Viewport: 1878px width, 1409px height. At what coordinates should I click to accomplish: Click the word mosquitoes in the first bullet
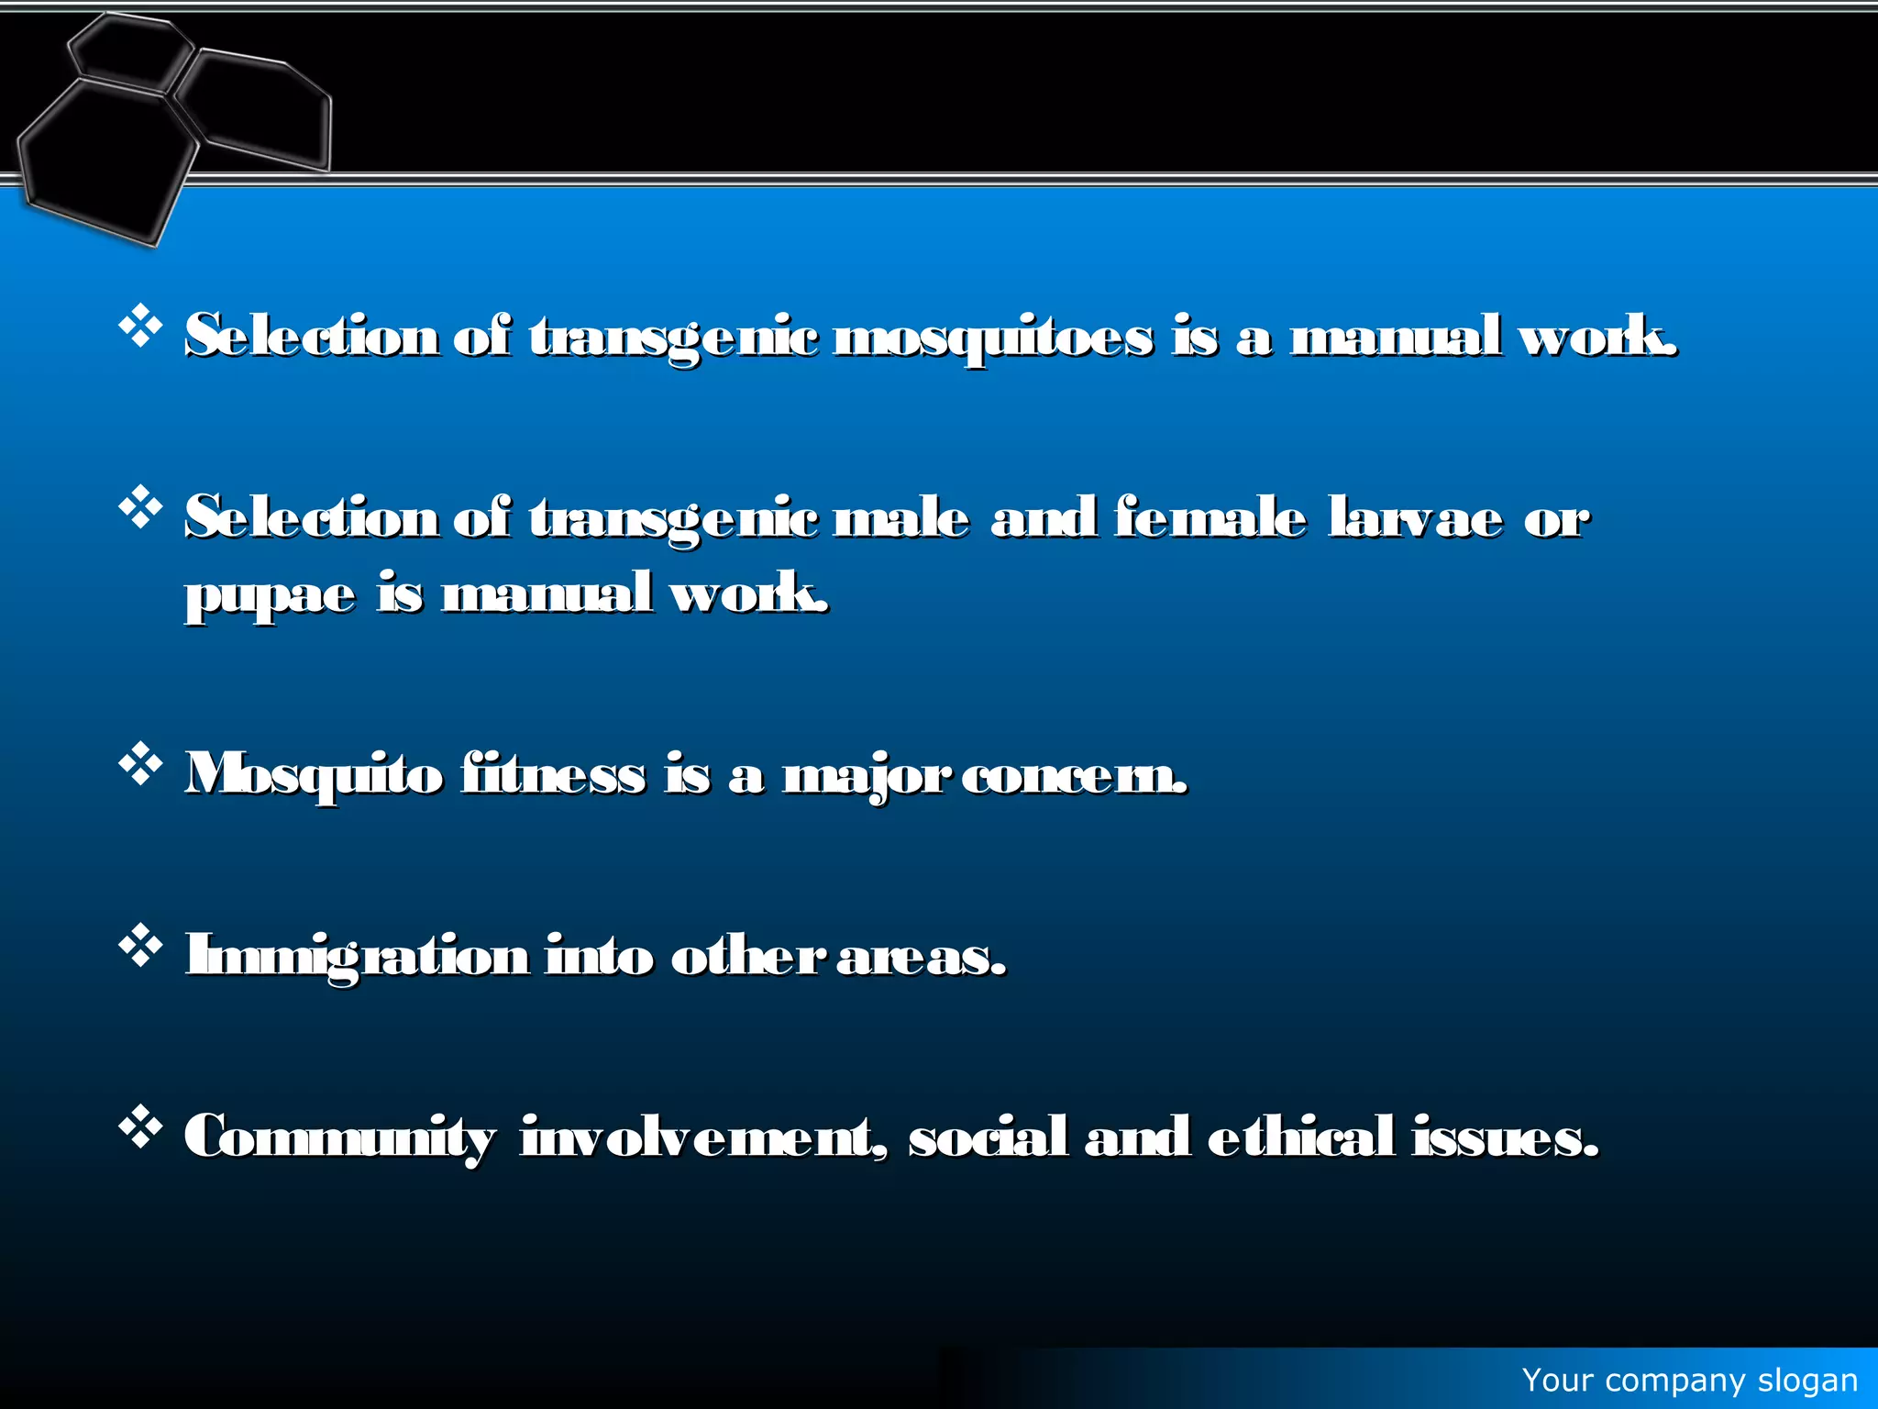[x=993, y=338]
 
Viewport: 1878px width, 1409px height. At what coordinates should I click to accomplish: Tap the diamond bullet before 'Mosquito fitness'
[x=140, y=764]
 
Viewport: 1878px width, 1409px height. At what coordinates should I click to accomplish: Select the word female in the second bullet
[x=1210, y=517]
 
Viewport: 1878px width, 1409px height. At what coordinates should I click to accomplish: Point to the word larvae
[x=1416, y=517]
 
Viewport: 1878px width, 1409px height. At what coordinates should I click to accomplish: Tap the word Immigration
[x=357, y=956]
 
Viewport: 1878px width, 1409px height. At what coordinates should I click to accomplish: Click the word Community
[x=339, y=1137]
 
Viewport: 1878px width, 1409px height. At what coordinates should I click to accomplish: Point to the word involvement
[x=704, y=1137]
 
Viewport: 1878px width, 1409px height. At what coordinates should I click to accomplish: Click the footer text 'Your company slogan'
[x=1689, y=1380]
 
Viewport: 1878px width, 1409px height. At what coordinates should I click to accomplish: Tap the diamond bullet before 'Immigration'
[x=140, y=946]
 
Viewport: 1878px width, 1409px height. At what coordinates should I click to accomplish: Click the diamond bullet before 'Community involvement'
[x=140, y=1127]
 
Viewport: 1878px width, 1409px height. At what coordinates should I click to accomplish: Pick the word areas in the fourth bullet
[x=921, y=957]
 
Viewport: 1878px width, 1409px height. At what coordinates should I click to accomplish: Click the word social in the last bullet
[x=988, y=1137]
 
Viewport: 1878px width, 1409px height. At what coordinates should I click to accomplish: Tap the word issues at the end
[x=1505, y=1137]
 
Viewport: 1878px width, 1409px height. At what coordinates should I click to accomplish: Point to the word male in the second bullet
[x=901, y=517]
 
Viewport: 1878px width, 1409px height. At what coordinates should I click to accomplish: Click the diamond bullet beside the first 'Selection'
[x=140, y=327]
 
